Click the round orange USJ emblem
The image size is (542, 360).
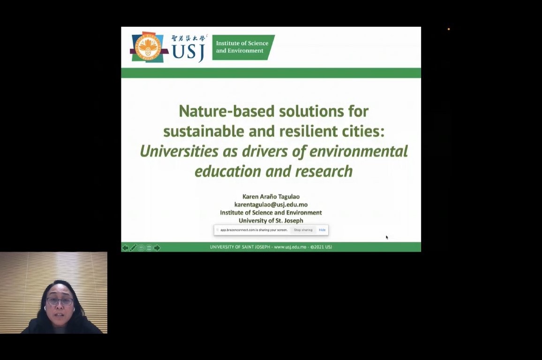148,47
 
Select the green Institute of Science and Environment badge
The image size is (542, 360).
243,47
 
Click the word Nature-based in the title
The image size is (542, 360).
226,111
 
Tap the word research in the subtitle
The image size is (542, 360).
324,172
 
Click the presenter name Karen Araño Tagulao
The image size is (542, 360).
271,196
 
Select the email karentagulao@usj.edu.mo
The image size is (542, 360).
271,204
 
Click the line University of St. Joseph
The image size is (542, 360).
271,220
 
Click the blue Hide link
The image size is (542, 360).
322,230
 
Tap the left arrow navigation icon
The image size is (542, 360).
125,247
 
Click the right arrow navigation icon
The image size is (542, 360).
157,247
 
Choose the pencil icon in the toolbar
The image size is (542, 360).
133,247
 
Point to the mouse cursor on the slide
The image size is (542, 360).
387,237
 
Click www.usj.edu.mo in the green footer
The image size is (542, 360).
290,247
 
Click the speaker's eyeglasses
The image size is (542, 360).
60,301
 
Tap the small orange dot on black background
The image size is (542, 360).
449,29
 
